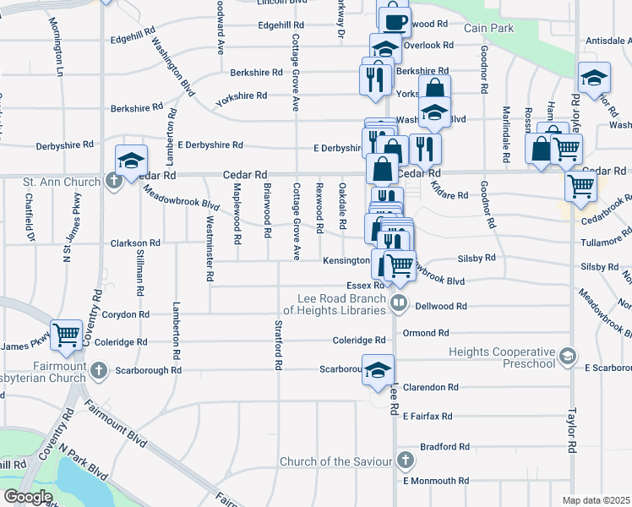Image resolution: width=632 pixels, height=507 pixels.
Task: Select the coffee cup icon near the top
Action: pyautogui.click(x=395, y=20)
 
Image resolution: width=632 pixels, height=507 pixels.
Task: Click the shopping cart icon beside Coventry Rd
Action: pyautogui.click(x=66, y=335)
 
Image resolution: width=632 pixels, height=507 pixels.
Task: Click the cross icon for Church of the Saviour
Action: pyautogui.click(x=406, y=461)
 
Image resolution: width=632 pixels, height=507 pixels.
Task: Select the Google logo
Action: pyautogui.click(x=28, y=497)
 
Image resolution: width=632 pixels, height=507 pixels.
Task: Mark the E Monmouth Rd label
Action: pyautogui.click(x=435, y=481)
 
